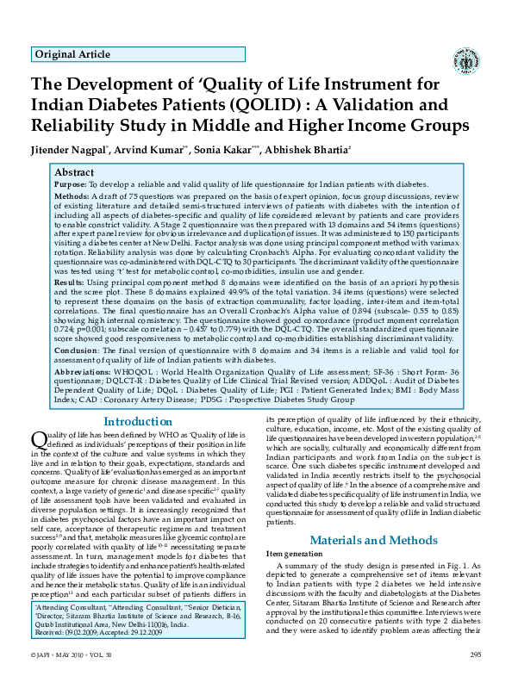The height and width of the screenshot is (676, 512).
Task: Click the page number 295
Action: tap(474, 656)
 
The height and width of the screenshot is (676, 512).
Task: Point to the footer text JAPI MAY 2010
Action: tap(68, 656)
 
